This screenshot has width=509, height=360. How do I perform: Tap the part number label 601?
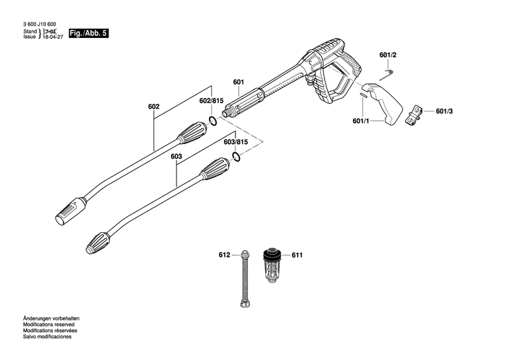(238, 82)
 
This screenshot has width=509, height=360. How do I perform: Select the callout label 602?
(153, 107)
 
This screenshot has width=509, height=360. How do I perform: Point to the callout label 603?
(176, 157)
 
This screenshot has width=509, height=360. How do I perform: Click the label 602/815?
(211, 101)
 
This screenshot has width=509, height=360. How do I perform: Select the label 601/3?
(444, 111)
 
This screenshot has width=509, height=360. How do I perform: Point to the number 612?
(225, 255)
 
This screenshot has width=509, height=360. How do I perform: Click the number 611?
(297, 255)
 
